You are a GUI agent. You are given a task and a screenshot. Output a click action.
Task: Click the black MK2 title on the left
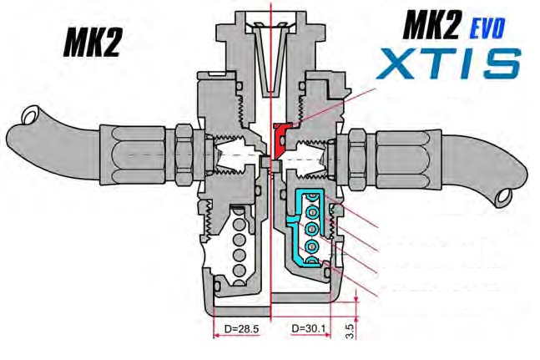point(92,43)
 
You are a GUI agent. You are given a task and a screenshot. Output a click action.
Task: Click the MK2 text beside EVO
point(434,28)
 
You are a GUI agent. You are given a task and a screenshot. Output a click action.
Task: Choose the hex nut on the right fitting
point(355,155)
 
